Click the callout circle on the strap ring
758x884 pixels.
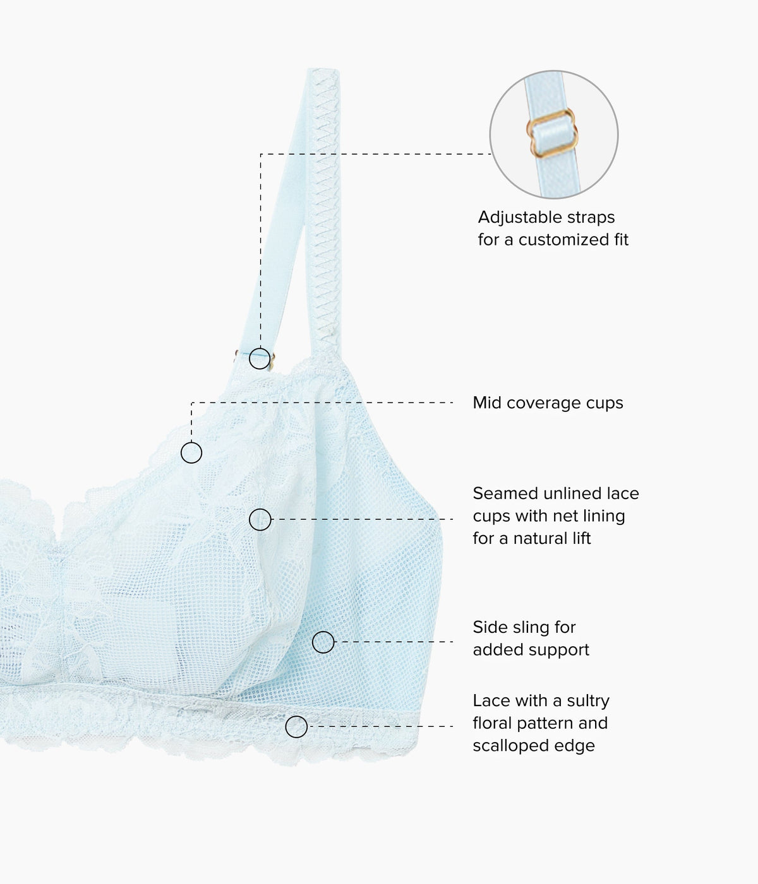(260, 358)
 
